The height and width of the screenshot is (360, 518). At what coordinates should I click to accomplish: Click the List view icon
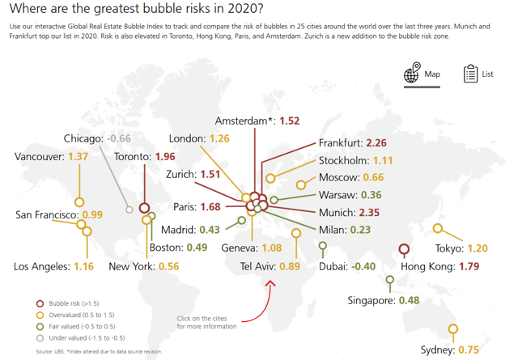(x=470, y=74)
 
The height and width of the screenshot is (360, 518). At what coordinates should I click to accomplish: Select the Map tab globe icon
(x=412, y=72)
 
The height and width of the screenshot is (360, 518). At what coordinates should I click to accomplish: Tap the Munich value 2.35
(x=369, y=213)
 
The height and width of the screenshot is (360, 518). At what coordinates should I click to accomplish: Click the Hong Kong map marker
(x=404, y=249)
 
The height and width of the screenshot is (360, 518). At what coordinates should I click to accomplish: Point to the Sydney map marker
(x=453, y=329)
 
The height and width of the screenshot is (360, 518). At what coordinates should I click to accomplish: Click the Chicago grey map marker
(x=129, y=210)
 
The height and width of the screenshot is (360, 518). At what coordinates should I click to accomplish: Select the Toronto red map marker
(x=144, y=208)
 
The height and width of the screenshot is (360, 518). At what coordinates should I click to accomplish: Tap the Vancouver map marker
(x=79, y=201)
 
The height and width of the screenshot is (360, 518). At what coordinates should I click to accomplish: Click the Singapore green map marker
(x=390, y=280)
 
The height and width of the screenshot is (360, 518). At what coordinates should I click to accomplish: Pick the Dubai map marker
(x=323, y=246)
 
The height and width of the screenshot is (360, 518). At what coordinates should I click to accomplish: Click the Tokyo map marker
(x=438, y=228)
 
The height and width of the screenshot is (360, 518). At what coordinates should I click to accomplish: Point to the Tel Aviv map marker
(x=296, y=233)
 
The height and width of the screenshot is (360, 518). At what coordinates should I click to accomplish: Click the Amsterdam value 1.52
(x=290, y=121)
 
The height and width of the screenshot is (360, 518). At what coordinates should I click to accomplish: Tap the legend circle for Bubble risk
(x=40, y=303)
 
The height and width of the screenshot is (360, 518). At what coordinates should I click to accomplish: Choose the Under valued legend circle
(x=40, y=338)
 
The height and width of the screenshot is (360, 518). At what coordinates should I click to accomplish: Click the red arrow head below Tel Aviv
(x=270, y=284)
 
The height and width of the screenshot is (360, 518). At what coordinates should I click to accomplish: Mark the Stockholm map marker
(x=270, y=178)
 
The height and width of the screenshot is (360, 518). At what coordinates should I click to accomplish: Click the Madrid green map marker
(x=241, y=220)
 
